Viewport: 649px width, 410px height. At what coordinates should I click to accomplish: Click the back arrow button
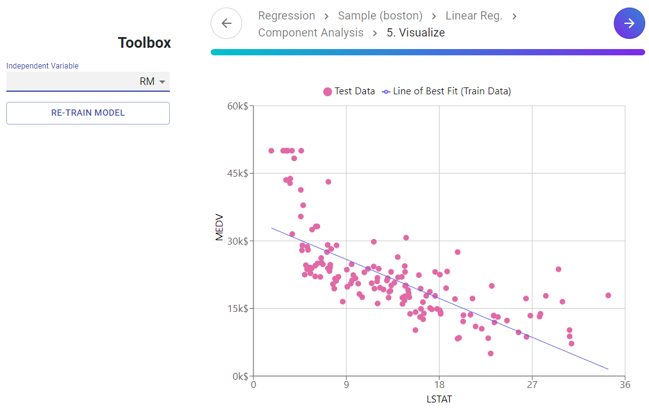(x=226, y=23)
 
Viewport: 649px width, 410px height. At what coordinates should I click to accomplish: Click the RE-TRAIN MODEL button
(x=88, y=113)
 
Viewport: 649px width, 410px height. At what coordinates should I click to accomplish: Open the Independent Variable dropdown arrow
(x=162, y=82)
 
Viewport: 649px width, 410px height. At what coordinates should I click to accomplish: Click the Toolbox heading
(x=144, y=43)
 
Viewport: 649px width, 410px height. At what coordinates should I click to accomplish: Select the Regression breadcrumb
(x=286, y=16)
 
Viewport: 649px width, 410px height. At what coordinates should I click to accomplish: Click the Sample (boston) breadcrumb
(x=380, y=16)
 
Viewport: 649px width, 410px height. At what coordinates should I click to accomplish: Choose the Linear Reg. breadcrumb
(x=474, y=16)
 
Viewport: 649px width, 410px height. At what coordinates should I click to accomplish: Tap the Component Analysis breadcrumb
(x=311, y=33)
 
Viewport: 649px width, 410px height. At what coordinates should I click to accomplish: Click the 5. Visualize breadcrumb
(x=416, y=33)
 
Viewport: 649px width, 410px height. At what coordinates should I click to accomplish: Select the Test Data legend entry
(x=349, y=91)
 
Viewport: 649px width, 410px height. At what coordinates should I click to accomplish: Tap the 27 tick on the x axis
(x=532, y=385)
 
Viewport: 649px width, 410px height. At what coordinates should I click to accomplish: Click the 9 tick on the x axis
(x=346, y=385)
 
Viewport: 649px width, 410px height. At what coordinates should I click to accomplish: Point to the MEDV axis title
(x=219, y=228)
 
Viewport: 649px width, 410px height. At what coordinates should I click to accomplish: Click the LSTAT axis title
(x=439, y=399)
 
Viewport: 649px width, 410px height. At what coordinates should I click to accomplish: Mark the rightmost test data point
(x=608, y=296)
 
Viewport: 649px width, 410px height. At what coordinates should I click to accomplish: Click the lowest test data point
(x=491, y=353)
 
